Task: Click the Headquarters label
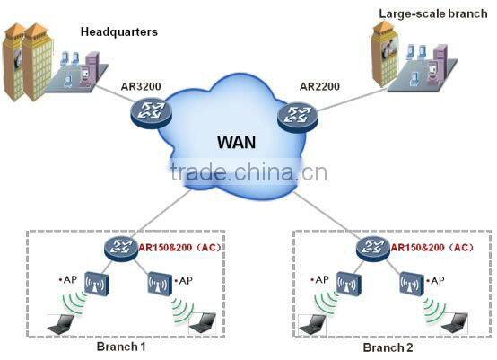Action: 119,31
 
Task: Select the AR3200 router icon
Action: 145,112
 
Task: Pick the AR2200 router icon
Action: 295,115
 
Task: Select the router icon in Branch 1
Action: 118,247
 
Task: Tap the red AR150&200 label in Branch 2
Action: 421,247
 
